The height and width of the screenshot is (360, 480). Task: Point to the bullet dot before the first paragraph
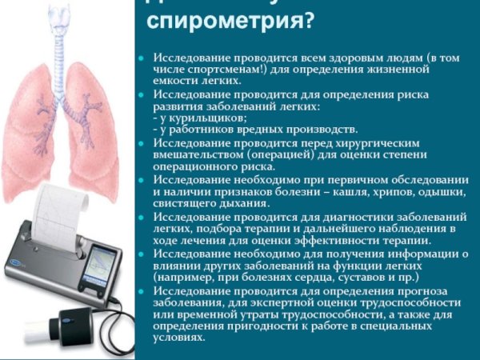pos(141,59)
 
